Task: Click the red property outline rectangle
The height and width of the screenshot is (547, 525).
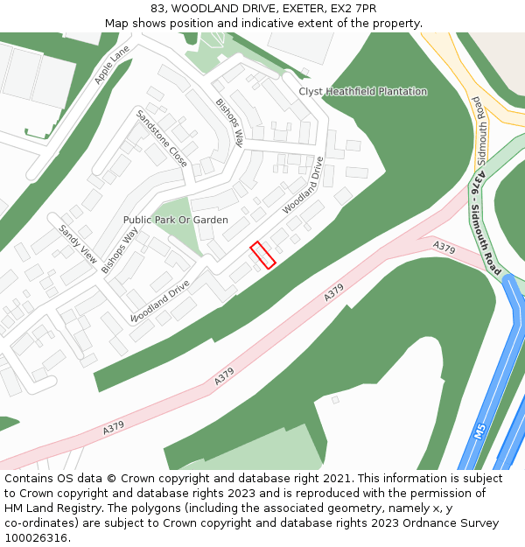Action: [263, 255]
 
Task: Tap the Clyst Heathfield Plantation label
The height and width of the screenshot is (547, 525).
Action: [363, 91]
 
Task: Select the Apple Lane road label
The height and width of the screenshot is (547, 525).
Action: [111, 65]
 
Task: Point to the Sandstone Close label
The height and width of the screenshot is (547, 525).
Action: [161, 138]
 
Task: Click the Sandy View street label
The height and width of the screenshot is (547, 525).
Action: [77, 244]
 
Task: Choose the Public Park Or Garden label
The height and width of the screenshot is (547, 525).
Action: [176, 220]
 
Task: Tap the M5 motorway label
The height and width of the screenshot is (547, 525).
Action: [479, 431]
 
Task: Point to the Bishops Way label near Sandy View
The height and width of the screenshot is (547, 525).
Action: [120, 250]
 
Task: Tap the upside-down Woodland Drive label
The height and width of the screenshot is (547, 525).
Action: [160, 301]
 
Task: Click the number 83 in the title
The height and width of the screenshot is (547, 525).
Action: [157, 9]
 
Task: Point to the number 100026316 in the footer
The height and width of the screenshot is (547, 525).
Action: [36, 537]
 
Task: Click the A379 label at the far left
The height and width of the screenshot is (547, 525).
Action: [113, 430]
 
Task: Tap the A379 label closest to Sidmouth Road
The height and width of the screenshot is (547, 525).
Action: [444, 249]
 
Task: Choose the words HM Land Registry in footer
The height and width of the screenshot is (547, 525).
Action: [48, 508]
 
